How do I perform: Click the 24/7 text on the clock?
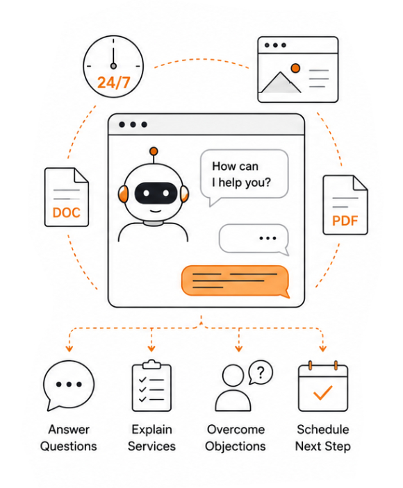click(x=113, y=83)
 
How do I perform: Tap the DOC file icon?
click(x=67, y=197)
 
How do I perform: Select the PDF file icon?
click(x=345, y=205)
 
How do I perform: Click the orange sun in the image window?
click(x=295, y=68)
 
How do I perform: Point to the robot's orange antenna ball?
click(x=154, y=151)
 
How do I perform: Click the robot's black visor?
click(x=156, y=193)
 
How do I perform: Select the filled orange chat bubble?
click(x=236, y=281)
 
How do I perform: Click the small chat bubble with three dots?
click(x=254, y=239)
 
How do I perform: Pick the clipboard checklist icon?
click(x=151, y=385)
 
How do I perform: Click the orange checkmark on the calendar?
click(x=322, y=392)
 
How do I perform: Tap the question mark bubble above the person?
click(x=261, y=372)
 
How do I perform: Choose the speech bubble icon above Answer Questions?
click(x=69, y=385)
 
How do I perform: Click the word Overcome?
click(x=236, y=430)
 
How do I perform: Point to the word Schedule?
click(x=323, y=430)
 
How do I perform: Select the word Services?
click(x=151, y=446)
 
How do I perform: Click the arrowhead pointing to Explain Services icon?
click(x=151, y=348)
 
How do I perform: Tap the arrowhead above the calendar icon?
click(x=322, y=348)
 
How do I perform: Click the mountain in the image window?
click(x=281, y=83)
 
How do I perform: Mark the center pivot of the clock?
click(x=113, y=66)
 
